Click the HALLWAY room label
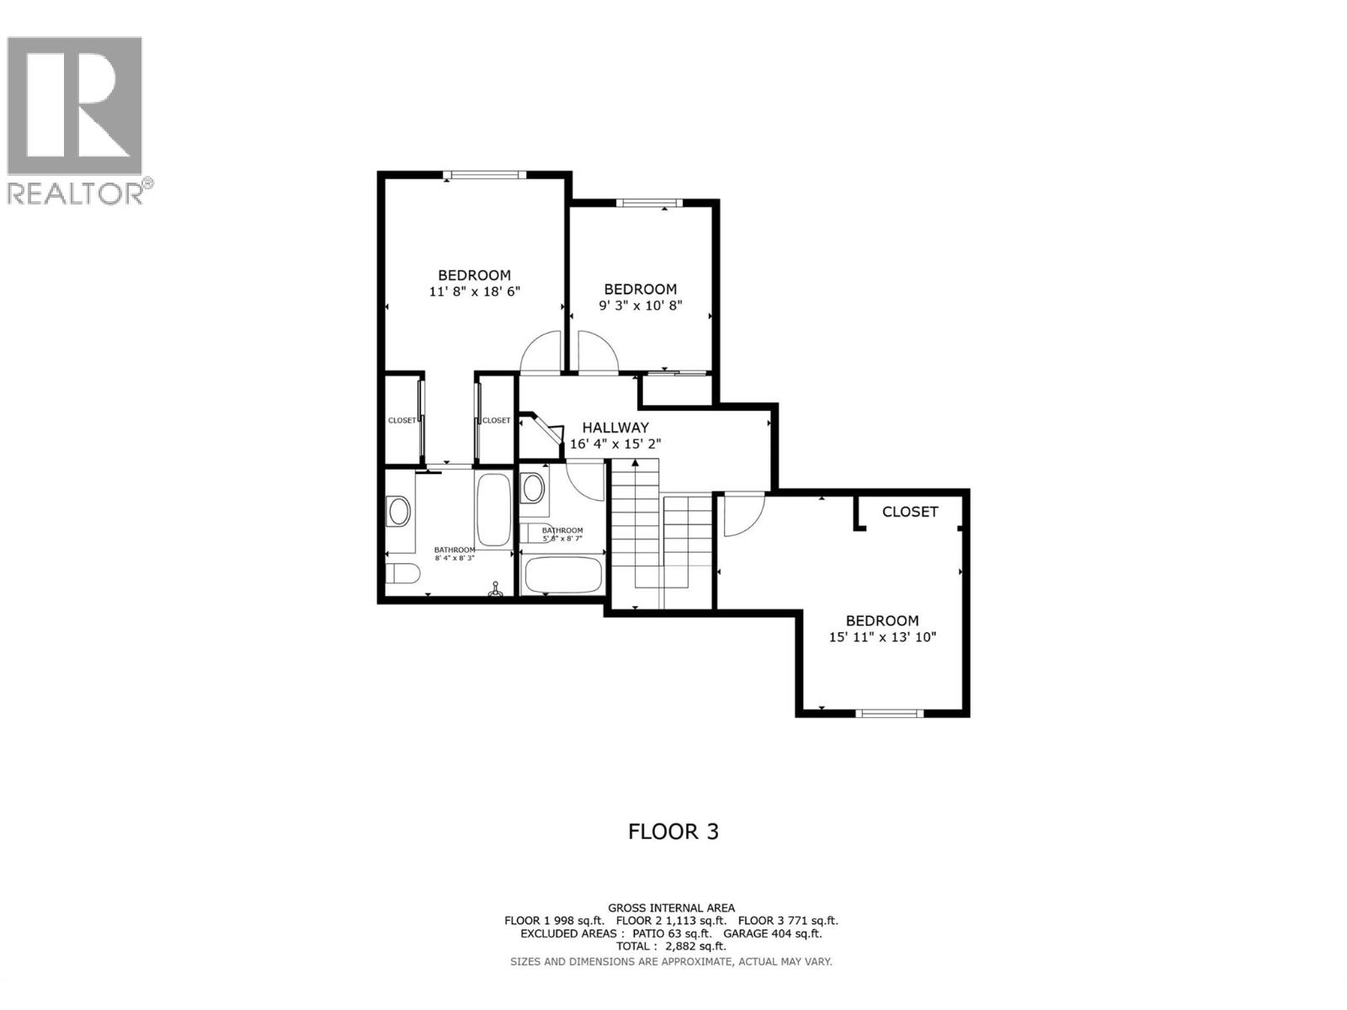[615, 428]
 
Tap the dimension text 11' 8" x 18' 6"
[475, 292]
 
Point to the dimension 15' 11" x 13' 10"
[882, 637]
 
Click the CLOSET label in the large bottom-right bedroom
[910, 512]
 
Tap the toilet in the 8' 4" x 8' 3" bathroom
[404, 574]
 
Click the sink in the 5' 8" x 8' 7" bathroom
[532, 487]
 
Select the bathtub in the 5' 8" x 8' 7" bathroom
[562, 575]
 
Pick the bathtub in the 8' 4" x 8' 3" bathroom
[492, 510]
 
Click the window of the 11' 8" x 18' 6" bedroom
[484, 175]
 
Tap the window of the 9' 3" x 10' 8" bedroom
[647, 203]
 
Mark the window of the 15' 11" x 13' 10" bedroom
[889, 714]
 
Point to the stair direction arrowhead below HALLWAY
[635, 462]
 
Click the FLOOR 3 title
[673, 832]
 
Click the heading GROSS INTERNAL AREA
[671, 907]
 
